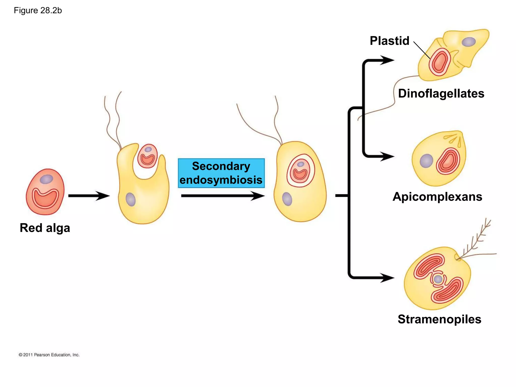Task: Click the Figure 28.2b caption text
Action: (x=38, y=11)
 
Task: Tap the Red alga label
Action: (x=45, y=228)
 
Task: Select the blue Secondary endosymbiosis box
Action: (x=221, y=173)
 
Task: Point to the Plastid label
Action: (x=390, y=41)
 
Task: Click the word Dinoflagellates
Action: (x=441, y=93)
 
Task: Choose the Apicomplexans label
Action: (x=437, y=197)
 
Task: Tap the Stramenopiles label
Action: (x=439, y=319)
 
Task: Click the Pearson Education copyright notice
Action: (x=49, y=355)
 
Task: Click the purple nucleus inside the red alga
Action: (x=46, y=179)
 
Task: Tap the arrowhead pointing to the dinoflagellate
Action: (x=387, y=60)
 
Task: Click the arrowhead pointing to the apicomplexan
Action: (x=387, y=156)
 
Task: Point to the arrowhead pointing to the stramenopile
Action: (x=387, y=278)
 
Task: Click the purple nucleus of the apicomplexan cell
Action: (x=426, y=161)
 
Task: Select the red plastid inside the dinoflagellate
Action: (x=440, y=62)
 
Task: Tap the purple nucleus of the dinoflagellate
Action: (x=469, y=42)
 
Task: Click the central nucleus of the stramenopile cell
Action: (x=438, y=279)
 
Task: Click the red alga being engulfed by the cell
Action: (x=147, y=156)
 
